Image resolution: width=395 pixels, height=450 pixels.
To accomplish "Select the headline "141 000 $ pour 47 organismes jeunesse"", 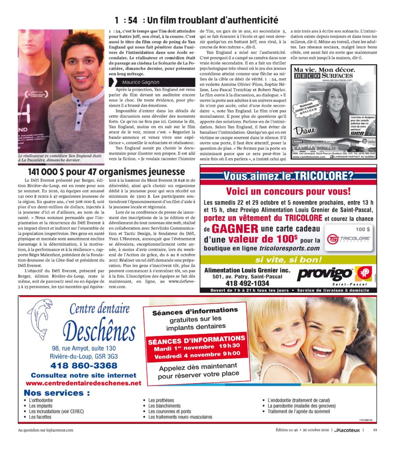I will pyautogui.click(x=101, y=172).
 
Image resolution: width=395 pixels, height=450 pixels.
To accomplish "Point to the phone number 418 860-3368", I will pyautogui.click(x=84, y=365).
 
